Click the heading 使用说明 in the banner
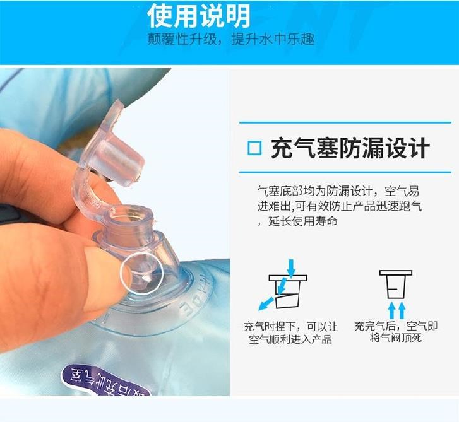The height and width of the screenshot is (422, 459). (199, 16)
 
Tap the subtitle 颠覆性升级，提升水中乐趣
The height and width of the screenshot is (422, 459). (231, 39)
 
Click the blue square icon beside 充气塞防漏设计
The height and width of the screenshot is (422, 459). (254, 148)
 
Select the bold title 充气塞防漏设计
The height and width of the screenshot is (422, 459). (350, 148)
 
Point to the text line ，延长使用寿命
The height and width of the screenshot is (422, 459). (298, 221)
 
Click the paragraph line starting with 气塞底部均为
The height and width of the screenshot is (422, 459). (338, 191)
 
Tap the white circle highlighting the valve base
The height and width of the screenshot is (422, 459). (141, 274)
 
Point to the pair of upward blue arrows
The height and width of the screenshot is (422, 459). (397, 310)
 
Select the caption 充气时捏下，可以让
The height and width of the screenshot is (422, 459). (290, 326)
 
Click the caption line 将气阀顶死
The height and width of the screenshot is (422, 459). (395, 337)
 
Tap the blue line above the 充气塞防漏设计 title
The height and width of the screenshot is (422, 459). (345, 122)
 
